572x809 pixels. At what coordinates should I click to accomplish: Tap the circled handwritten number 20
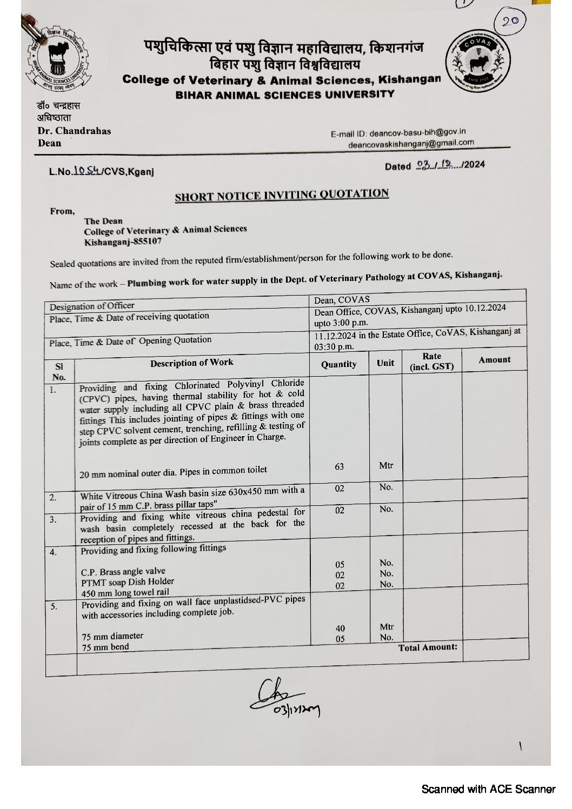510,21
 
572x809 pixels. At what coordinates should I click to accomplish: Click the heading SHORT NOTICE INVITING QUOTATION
282,195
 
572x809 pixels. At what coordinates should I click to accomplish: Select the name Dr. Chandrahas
74,131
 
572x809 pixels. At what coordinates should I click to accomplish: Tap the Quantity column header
339,364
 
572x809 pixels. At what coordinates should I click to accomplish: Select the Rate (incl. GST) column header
432,362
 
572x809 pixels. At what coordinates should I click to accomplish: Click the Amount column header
494,360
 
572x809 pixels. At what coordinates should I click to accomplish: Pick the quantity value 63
339,466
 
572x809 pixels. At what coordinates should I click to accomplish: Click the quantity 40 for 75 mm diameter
340,628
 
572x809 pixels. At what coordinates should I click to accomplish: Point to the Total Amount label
428,647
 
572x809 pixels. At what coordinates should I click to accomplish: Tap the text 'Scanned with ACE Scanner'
488,789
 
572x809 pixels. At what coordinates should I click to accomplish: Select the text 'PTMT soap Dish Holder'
128,582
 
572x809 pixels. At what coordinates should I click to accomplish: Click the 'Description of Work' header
192,363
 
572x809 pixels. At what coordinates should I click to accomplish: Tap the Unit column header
385,363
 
